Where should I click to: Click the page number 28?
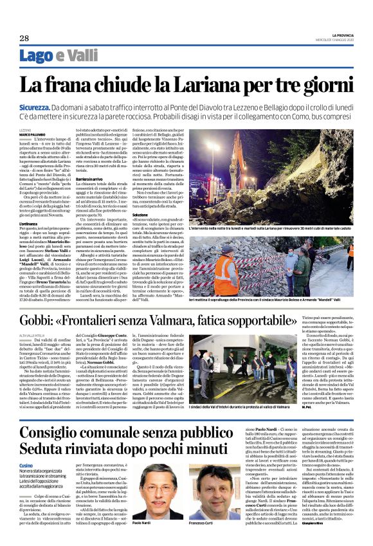click(x=24, y=39)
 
